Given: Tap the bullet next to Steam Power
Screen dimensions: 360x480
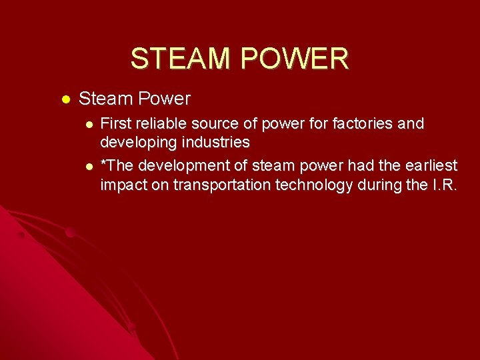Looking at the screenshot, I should coord(65,99).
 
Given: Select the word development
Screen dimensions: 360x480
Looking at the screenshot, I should coord(175,165).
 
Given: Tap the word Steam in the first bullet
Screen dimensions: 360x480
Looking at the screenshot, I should coord(105,99).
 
